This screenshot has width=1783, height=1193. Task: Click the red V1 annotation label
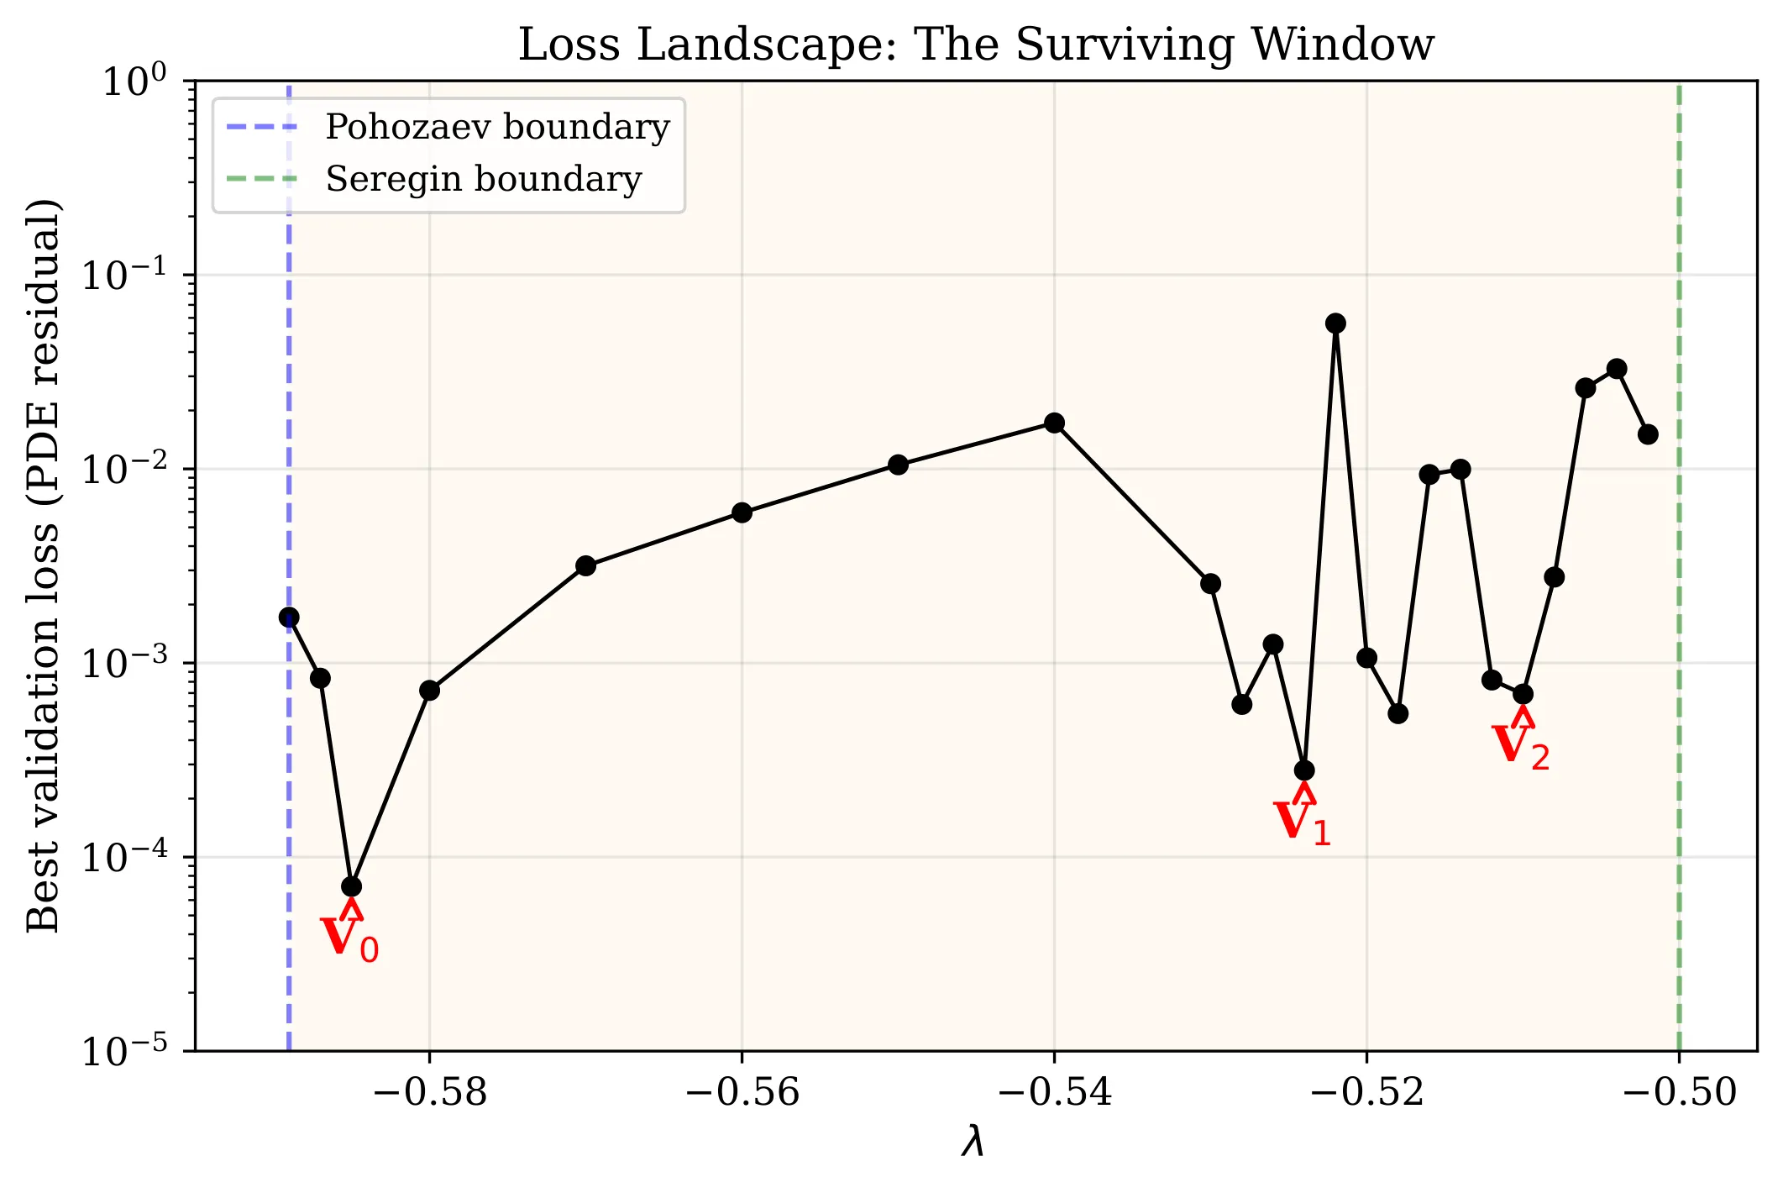click(1302, 822)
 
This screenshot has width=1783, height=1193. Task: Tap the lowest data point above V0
click(352, 886)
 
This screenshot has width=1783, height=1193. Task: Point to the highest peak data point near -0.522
click(1335, 323)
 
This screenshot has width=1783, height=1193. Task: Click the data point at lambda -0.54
click(1054, 423)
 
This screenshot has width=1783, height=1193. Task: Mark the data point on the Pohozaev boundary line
click(289, 618)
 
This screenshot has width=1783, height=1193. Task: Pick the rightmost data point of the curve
click(1648, 434)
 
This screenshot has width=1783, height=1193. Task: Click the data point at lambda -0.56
click(742, 512)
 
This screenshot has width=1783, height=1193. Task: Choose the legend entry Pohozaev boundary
click(497, 128)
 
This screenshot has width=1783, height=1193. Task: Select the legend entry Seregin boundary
click(483, 180)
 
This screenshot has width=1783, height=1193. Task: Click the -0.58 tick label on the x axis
click(429, 1092)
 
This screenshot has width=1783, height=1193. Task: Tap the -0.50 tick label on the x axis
click(1679, 1092)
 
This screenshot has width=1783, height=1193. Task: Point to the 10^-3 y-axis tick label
click(134, 663)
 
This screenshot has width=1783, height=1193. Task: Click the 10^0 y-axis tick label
click(134, 82)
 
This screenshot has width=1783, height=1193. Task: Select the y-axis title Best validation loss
click(44, 565)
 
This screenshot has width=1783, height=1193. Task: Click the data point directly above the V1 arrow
click(1304, 770)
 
